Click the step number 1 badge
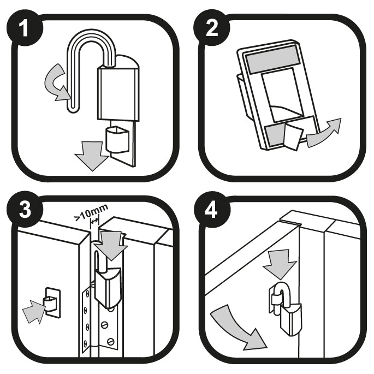(25, 28)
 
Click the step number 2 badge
(212, 28)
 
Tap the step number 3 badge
(25, 210)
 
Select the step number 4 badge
(212, 210)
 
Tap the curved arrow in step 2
(324, 133)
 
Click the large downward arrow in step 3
(112, 245)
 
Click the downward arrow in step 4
(280, 264)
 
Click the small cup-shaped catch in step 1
(117, 140)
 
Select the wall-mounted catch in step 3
(52, 303)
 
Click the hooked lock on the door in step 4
(286, 309)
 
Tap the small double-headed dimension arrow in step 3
(94, 221)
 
